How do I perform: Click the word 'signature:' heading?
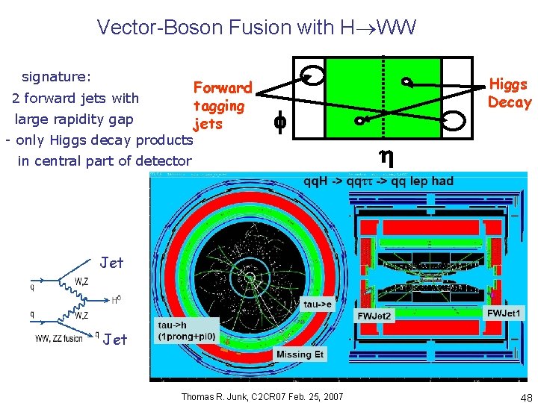(x=57, y=77)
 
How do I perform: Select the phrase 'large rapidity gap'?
(x=74, y=119)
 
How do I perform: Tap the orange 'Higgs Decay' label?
(x=509, y=93)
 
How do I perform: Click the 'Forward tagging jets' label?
(x=222, y=105)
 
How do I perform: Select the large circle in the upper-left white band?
(x=312, y=75)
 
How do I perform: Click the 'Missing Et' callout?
(x=300, y=354)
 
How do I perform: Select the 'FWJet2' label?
(x=374, y=316)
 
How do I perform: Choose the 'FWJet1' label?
(x=505, y=312)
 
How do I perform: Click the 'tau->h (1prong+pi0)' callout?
(x=187, y=331)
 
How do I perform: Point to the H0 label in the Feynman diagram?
(x=117, y=300)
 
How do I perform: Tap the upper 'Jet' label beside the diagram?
(x=112, y=262)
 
